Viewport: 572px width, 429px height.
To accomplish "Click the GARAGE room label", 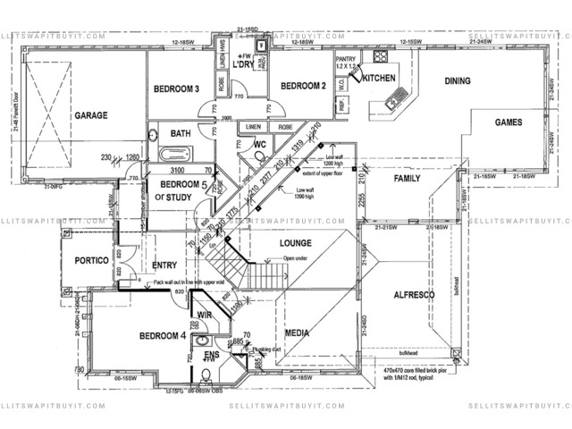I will click(x=91, y=116).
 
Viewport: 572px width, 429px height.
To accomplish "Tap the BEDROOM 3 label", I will click(x=176, y=88).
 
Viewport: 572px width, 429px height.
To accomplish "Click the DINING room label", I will click(x=458, y=81).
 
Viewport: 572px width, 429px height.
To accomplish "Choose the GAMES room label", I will click(x=509, y=122).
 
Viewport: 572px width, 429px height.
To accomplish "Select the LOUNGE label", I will click(x=295, y=242).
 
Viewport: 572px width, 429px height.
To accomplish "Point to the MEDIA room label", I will click(x=297, y=333).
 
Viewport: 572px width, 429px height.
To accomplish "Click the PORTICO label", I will click(x=87, y=260).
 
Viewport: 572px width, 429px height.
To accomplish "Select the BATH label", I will click(x=181, y=134).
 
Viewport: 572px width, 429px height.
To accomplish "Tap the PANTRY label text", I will click(x=346, y=59).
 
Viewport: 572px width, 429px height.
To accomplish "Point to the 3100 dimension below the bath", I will click(x=177, y=169).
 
